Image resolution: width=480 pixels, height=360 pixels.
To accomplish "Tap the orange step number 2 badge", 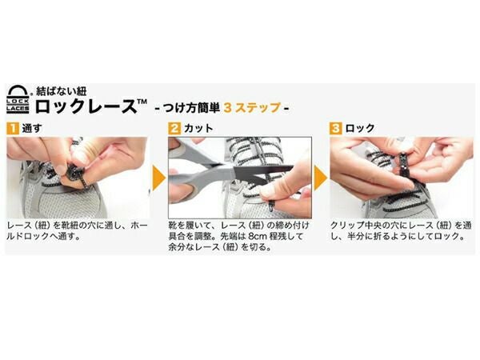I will click(174, 128).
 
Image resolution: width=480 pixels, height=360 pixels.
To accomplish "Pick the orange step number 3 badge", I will click(336, 128).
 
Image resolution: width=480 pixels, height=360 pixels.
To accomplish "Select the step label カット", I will click(196, 128).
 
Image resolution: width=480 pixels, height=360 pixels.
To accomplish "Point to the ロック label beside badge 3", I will click(358, 128).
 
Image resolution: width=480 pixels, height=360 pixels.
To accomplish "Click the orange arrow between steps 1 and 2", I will click(158, 178).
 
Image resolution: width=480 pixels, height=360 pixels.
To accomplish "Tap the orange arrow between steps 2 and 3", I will click(320, 178).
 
